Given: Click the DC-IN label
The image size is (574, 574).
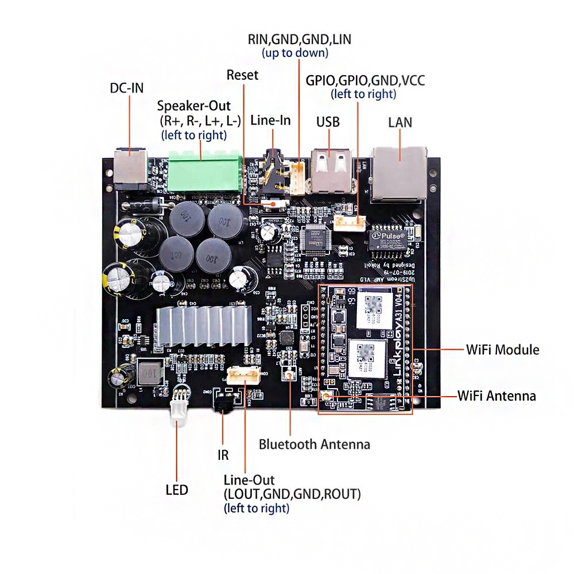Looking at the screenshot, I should pyautogui.click(x=127, y=88).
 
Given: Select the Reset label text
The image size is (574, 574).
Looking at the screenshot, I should pyautogui.click(x=242, y=75).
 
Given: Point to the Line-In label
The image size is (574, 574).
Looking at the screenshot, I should pyautogui.click(x=271, y=121).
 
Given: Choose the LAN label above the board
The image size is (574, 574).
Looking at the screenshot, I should pyautogui.click(x=400, y=122).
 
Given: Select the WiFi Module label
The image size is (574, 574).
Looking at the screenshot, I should pyautogui.click(x=502, y=349).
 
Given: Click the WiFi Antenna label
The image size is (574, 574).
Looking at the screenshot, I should pyautogui.click(x=497, y=395).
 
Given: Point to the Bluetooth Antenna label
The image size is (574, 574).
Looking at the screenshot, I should pyautogui.click(x=314, y=444).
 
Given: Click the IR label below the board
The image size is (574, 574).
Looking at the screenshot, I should pyautogui.click(x=223, y=455).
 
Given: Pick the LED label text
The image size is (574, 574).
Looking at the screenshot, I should pyautogui.click(x=177, y=490).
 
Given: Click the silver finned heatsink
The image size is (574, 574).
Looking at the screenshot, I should pyautogui.click(x=203, y=325).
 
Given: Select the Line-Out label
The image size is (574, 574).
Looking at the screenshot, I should pyautogui.click(x=249, y=480).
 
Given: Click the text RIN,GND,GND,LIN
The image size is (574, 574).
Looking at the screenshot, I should pyautogui.click(x=299, y=40).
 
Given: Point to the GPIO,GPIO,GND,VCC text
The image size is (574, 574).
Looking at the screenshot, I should pyautogui.click(x=365, y=80).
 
